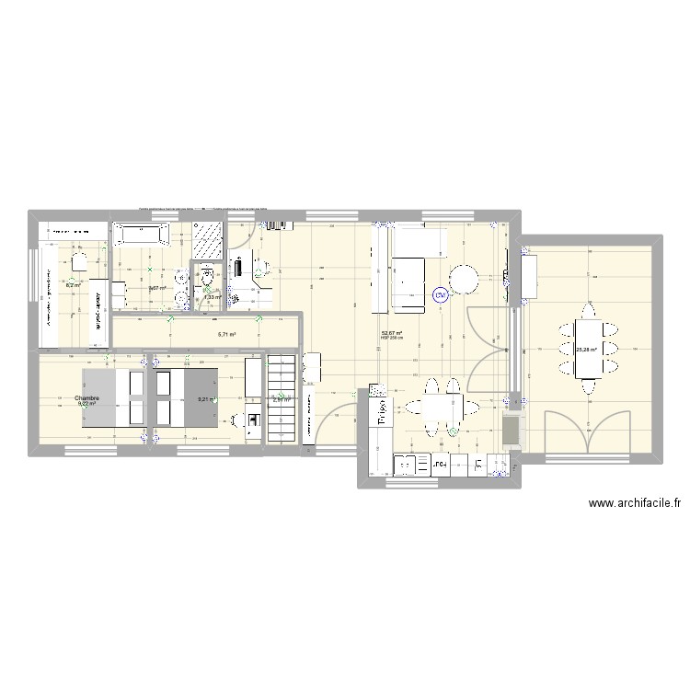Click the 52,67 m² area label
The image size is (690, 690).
(x=392, y=333)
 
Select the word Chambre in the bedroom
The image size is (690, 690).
(x=88, y=397)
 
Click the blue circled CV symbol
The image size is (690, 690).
(x=441, y=295)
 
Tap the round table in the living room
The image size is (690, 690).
(x=465, y=278)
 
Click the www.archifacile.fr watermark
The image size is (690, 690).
(x=636, y=503)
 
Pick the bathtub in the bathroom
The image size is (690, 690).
(x=140, y=236)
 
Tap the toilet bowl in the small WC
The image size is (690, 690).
(x=209, y=273)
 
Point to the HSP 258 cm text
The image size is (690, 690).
(x=392, y=339)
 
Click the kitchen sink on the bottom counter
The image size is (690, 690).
(x=405, y=466)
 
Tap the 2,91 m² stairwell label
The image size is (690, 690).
(x=281, y=399)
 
